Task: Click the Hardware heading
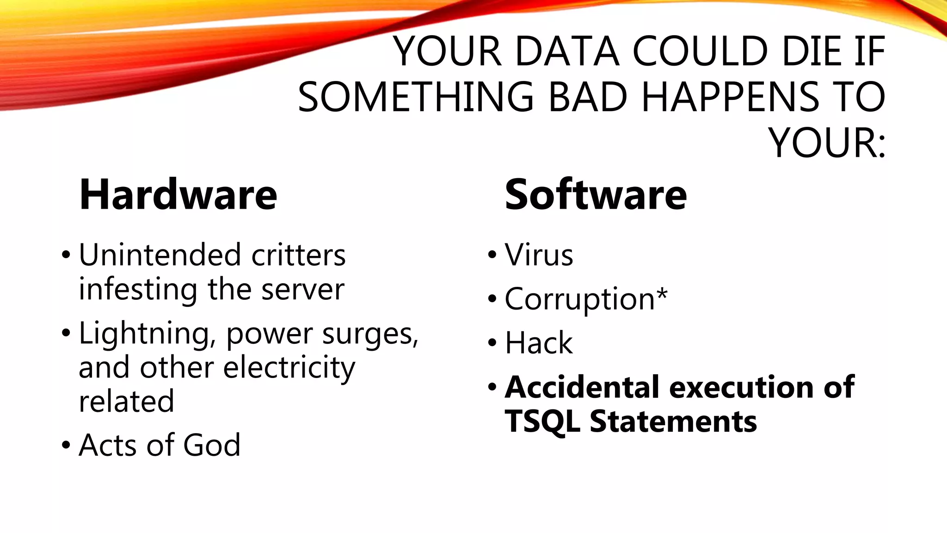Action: (178, 195)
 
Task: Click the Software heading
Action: (596, 195)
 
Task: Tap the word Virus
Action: (539, 255)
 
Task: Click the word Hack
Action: (539, 343)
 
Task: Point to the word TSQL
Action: (543, 422)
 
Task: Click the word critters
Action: (298, 255)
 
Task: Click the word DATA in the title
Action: (567, 51)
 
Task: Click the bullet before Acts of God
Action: (66, 445)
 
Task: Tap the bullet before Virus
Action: (492, 255)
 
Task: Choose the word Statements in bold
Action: (673, 422)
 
